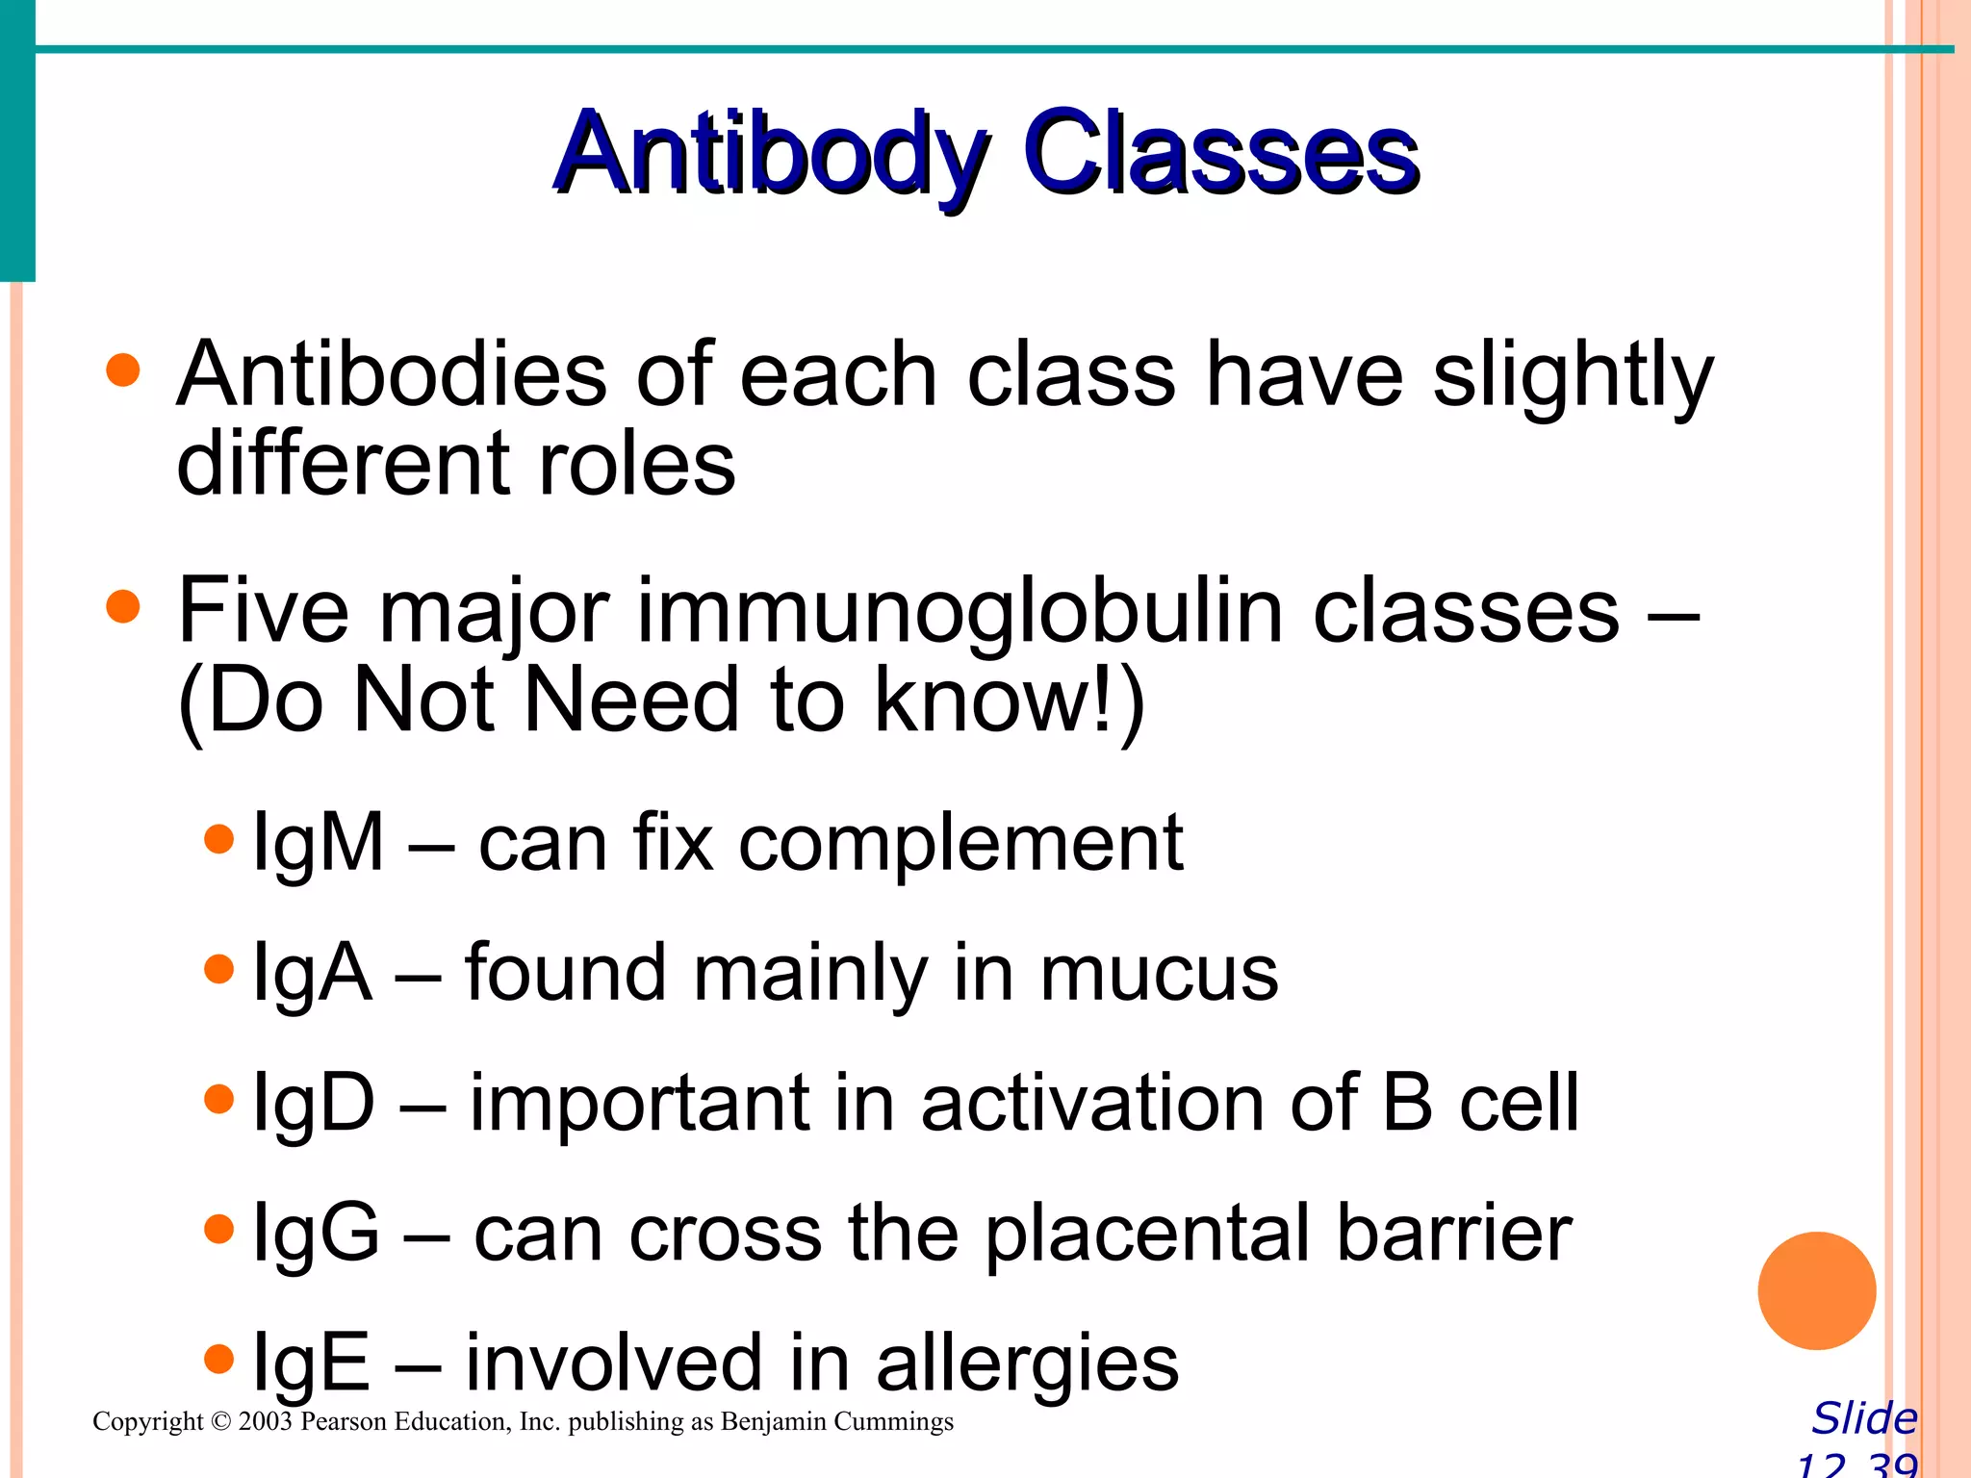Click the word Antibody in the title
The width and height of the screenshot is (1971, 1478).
coord(770,154)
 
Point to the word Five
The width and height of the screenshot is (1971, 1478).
coord(263,610)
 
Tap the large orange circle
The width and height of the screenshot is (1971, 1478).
coord(1816,1290)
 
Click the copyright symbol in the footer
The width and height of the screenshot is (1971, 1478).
coord(221,1422)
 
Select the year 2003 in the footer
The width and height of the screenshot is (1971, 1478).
coord(265,1422)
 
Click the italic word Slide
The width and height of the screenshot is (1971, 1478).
coord(1864,1418)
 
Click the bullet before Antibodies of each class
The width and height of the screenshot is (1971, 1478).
coord(123,370)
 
